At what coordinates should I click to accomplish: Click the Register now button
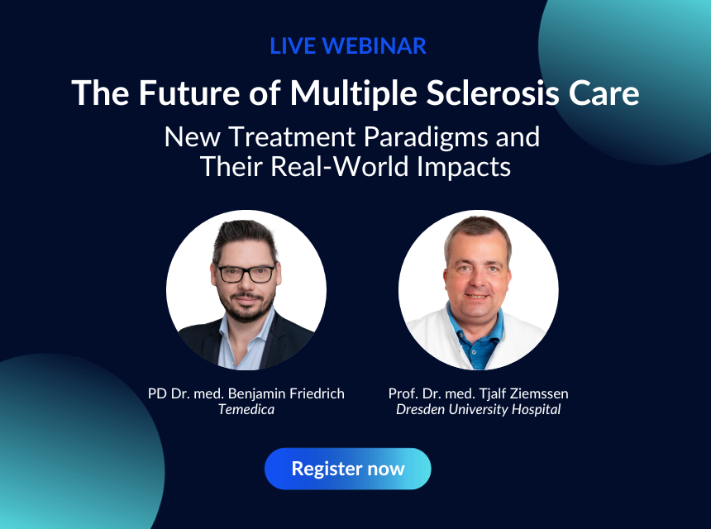coord(348,469)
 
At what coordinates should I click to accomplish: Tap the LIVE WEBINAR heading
coord(348,45)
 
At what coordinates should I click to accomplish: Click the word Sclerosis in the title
coord(493,93)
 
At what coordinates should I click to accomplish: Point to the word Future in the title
coord(189,93)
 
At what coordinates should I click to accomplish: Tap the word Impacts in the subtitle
coord(464,168)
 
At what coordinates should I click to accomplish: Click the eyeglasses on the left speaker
coord(246,274)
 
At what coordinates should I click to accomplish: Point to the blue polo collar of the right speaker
coord(475,330)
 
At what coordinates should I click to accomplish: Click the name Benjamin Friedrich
coord(286,393)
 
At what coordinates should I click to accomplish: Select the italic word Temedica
coord(246,409)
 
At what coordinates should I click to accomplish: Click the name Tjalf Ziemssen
coord(523,393)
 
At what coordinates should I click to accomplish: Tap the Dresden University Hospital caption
coord(479,409)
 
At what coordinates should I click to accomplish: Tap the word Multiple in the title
coord(354,94)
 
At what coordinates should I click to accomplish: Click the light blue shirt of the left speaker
coord(241,345)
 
